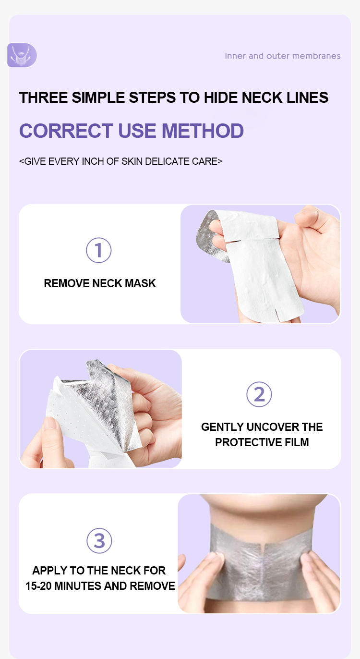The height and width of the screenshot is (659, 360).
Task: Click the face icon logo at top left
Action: [22, 55]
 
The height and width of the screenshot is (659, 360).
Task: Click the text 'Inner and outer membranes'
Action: [282, 56]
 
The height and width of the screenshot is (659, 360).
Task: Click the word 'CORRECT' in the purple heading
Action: [66, 131]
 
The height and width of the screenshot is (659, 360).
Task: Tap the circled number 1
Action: [99, 250]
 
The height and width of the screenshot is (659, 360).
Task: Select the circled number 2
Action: [259, 394]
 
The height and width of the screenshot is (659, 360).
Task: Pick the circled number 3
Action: [99, 540]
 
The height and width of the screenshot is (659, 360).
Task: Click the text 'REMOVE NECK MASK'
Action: [100, 283]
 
